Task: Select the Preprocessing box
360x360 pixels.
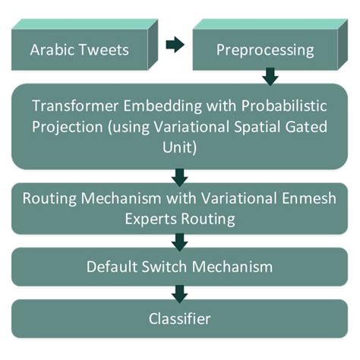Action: (x=265, y=51)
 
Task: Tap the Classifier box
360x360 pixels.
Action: (x=180, y=320)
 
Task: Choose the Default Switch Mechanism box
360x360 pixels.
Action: (x=180, y=267)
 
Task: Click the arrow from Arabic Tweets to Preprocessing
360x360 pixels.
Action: (x=174, y=45)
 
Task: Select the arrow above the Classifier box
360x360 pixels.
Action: (x=180, y=293)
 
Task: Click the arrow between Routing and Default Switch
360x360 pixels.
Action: (x=180, y=242)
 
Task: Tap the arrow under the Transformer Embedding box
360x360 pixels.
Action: (x=180, y=178)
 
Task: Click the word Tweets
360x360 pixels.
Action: (x=104, y=51)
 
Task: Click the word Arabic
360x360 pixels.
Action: (x=52, y=51)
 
